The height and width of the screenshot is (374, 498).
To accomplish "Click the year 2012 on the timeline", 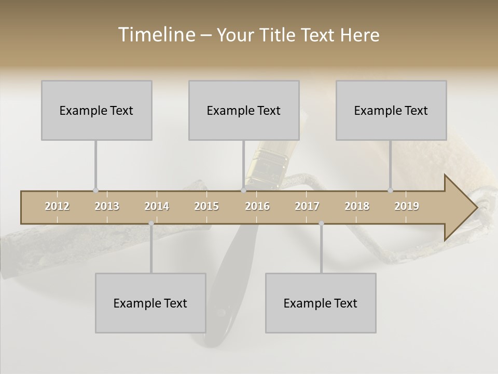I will [x=57, y=206].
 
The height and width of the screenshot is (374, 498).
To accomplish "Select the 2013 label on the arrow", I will [x=107, y=206].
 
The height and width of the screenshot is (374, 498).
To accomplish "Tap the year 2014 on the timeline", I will [x=157, y=206].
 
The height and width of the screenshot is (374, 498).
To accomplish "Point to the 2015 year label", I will [x=206, y=206].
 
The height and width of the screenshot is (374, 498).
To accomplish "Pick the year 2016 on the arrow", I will [x=257, y=206].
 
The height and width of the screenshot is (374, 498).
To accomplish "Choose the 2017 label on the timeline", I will [x=307, y=206].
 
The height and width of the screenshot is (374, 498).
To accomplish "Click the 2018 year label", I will [x=357, y=206].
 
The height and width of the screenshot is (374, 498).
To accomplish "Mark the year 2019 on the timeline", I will [x=407, y=206].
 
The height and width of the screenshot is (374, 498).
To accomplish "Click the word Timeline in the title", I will [x=156, y=35].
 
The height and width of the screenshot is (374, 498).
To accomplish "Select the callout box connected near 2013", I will [x=96, y=110].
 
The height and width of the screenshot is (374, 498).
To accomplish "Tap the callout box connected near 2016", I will [x=244, y=110].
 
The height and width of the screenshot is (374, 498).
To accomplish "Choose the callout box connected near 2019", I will [x=391, y=110].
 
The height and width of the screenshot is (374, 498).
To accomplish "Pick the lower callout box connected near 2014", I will [x=150, y=303].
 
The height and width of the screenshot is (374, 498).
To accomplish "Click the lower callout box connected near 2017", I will [x=321, y=303].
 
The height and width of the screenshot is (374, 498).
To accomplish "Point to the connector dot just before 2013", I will [x=95, y=191].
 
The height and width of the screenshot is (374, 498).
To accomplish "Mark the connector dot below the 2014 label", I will [x=151, y=223].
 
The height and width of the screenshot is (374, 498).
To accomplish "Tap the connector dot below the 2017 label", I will [x=321, y=223].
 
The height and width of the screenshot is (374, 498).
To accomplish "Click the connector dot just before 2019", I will [x=390, y=191].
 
